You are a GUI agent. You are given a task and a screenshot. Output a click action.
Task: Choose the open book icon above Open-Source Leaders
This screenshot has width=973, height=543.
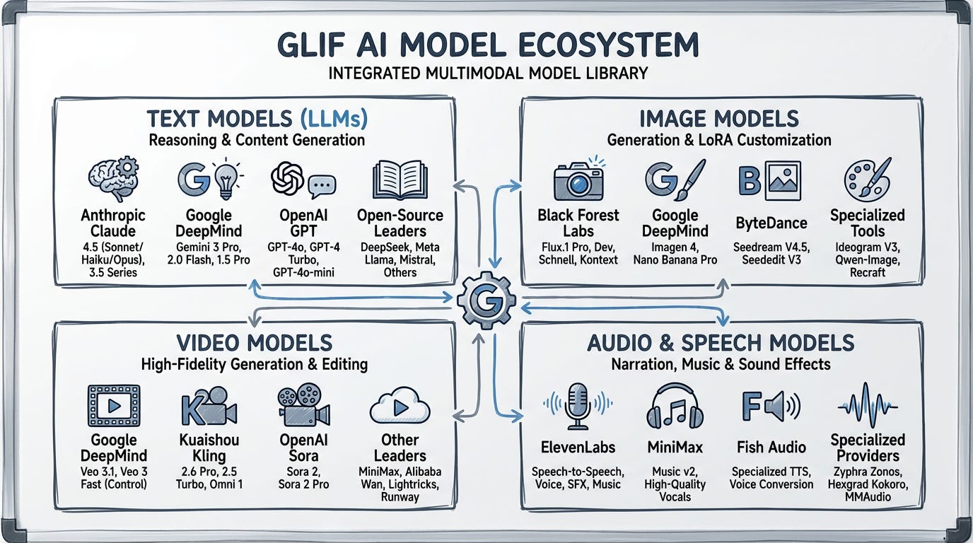[400, 180]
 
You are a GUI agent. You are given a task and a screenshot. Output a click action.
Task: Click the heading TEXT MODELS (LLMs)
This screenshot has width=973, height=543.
[257, 118]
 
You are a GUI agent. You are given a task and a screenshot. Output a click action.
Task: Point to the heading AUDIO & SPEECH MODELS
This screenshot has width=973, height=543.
[721, 343]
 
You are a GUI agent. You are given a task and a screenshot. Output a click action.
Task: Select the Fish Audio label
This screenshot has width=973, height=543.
[771, 447]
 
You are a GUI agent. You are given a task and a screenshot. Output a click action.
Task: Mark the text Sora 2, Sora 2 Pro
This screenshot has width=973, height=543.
[303, 477]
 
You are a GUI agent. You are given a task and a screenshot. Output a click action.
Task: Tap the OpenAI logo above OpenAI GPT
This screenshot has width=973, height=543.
[288, 178]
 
